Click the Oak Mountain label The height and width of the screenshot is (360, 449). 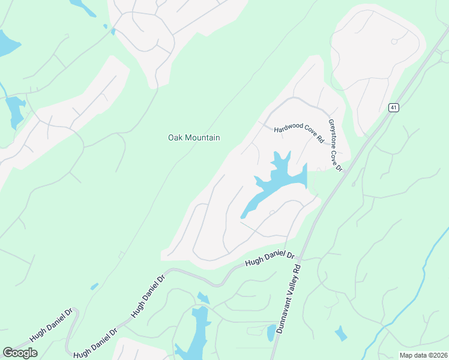(193, 138)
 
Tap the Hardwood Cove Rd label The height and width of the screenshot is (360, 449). (299, 134)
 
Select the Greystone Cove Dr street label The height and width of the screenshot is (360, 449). (334, 145)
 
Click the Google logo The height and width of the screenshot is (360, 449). (20, 353)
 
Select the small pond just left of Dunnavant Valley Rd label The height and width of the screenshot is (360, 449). (271, 332)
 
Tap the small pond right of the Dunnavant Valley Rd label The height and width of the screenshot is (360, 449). (340, 334)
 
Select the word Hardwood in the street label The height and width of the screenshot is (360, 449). (286, 129)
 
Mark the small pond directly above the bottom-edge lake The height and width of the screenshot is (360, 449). (203, 298)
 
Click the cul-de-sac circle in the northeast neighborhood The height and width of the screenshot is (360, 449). (394, 41)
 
